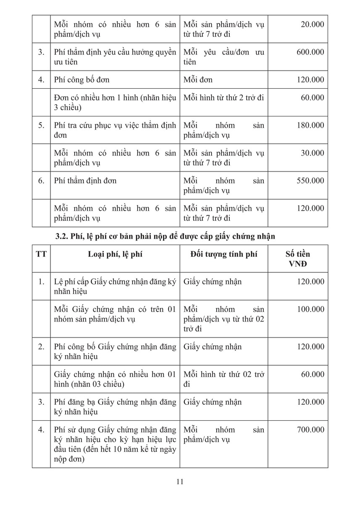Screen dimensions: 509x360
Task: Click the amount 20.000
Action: pyautogui.click(x=312, y=24)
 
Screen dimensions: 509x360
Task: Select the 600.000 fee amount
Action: pyautogui.click(x=310, y=52)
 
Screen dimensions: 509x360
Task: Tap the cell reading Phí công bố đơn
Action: pyautogui.click(x=82, y=80)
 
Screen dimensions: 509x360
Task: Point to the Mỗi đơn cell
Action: pyautogui.click(x=198, y=80)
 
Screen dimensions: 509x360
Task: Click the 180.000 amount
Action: pyautogui.click(x=310, y=125)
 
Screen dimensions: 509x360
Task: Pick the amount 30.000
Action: pyautogui.click(x=312, y=153)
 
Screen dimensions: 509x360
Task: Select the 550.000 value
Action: pyautogui.click(x=310, y=181)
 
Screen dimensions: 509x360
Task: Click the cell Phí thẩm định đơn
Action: pyautogui.click(x=85, y=181)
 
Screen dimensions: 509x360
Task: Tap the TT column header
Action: pyautogui.click(x=41, y=254)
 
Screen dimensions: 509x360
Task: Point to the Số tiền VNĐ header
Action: pyautogui.click(x=297, y=259)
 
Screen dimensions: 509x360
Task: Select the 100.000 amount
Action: pyautogui.click(x=310, y=309)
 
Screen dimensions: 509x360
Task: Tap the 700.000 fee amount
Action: pyautogui.click(x=310, y=430)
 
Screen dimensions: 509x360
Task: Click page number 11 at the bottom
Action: pyautogui.click(x=180, y=482)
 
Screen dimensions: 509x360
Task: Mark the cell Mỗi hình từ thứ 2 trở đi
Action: pyautogui.click(x=223, y=98)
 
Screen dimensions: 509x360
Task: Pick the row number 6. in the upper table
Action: pyautogui.click(x=41, y=181)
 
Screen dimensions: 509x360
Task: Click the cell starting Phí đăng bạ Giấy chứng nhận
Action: pyautogui.click(x=115, y=406)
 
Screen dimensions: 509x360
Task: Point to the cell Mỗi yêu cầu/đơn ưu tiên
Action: pyautogui.click(x=223, y=57)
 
